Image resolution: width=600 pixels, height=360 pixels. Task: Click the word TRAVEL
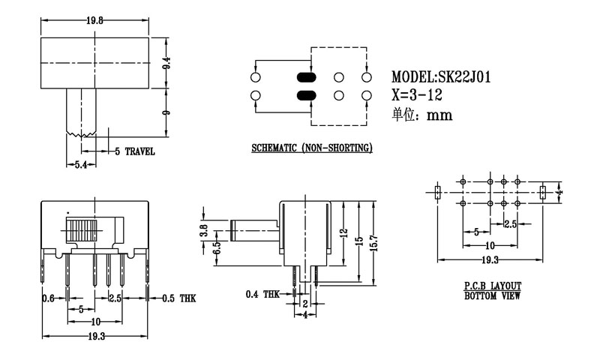(139, 151)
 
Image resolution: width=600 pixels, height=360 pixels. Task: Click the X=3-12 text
(418, 96)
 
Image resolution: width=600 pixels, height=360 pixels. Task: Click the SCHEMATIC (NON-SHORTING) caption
(312, 148)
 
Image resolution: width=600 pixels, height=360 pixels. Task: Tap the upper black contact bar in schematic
(307, 77)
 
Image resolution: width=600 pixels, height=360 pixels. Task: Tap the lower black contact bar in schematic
(307, 95)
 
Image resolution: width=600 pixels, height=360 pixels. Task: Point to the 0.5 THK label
(178, 298)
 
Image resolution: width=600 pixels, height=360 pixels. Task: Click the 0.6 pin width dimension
(49, 298)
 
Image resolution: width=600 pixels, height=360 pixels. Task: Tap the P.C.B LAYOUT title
(492, 286)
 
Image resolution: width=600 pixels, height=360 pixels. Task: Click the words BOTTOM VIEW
(492, 295)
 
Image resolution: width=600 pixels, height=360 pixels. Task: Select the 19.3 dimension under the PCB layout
(490, 259)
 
